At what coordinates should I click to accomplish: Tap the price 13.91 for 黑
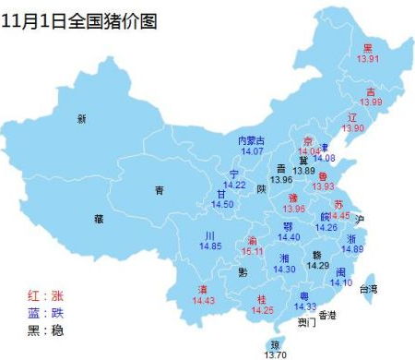370,59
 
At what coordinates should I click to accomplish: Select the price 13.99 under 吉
371,102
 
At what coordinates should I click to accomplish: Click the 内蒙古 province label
252,140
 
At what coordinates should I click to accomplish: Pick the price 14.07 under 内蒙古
252,151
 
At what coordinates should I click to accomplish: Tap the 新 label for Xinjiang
81,119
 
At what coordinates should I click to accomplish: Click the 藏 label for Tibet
99,219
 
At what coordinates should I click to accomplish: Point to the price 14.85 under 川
211,246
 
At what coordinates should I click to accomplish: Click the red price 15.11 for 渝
252,251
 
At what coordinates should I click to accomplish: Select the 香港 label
327,315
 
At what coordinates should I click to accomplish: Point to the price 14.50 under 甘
222,204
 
